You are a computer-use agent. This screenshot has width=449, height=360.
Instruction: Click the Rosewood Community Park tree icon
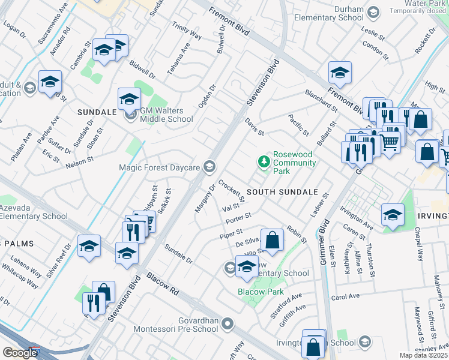(x=263, y=161)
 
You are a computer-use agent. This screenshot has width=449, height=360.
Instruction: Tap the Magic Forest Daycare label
(x=159, y=167)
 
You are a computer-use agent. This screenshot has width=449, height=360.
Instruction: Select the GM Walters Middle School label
(x=166, y=115)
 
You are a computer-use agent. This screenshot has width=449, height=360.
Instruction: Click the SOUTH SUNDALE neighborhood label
(x=282, y=192)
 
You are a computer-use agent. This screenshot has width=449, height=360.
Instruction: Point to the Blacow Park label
(x=261, y=292)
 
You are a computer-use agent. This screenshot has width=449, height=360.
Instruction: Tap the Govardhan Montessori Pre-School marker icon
(x=227, y=325)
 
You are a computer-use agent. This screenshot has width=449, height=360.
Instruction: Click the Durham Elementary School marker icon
(x=373, y=13)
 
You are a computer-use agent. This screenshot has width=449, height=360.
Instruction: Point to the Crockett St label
(x=232, y=191)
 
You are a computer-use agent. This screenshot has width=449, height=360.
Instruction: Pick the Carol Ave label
(x=345, y=297)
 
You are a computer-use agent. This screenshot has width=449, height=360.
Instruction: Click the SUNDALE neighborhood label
(x=97, y=112)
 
